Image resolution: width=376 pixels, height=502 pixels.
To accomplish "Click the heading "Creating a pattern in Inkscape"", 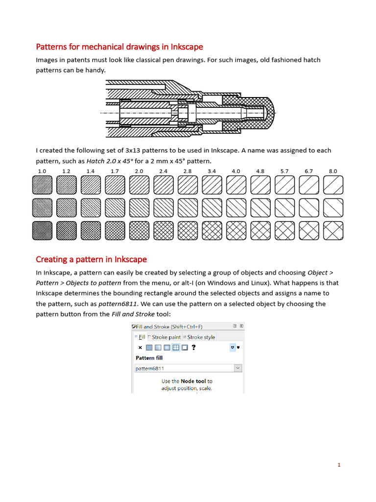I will pos(91,259).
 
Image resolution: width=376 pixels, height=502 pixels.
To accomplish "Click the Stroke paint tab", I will pos(165,337).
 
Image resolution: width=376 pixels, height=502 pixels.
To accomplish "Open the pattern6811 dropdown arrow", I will pos(237,368).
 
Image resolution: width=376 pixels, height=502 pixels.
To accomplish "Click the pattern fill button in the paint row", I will pos(176,348).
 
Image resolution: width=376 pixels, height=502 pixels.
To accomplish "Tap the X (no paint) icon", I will pos(140,348).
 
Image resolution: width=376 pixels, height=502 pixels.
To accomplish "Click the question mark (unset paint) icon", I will pos(194,348).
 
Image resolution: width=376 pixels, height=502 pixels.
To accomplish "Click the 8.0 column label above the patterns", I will pos(333,171).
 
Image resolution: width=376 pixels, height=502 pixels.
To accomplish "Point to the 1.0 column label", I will pos(42,171).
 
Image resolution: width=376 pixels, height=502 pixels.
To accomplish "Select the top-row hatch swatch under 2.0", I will pos(139,185).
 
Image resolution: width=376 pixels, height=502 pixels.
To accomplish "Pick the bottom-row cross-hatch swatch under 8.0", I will pos(333,230).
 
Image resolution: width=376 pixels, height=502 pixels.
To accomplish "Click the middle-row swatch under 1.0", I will pos(42,208).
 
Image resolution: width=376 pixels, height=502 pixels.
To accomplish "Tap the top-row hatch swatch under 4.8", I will pos(260,185).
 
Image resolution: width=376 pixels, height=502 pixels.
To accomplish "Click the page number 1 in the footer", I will pos(338,465).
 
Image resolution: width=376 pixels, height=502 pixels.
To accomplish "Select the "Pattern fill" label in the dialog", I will pos(149,358).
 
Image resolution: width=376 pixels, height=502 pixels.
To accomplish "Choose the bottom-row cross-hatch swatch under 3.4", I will pos(212,230).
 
